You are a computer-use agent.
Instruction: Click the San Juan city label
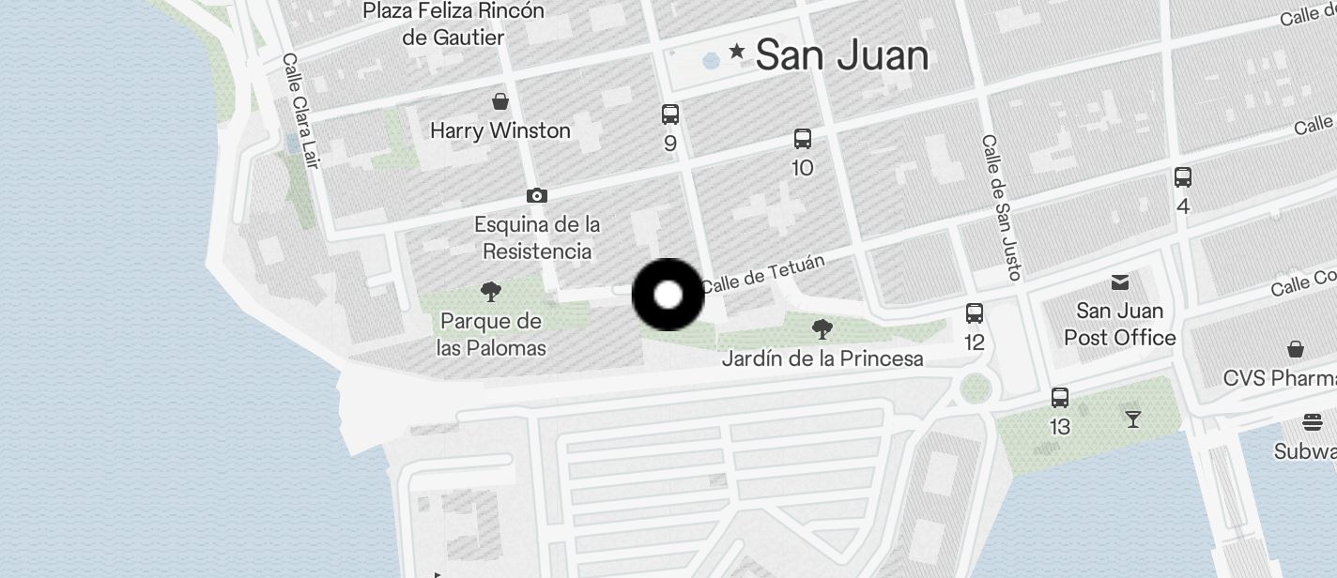coord(841,55)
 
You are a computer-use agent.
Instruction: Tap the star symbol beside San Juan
coord(737,51)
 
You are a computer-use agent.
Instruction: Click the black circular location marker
coord(668,295)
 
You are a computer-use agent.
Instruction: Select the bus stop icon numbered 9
coord(669,114)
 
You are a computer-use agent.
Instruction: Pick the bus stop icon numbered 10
coord(803,139)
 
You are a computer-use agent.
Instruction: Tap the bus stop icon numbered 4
coord(1183,176)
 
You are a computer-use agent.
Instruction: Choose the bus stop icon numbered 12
coord(975,313)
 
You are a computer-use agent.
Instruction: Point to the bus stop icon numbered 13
coord(1060,397)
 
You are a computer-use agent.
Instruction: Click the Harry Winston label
coord(499,130)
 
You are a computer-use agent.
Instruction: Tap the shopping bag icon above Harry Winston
coord(500,100)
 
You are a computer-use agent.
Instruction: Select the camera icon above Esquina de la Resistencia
coord(536,195)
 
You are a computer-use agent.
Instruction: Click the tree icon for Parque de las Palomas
coord(490,291)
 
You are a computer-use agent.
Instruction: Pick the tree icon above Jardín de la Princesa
coord(822,328)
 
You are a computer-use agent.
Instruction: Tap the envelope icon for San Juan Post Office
coord(1119,281)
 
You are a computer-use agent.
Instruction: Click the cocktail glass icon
coord(1133,418)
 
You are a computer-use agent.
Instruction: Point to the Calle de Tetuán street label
coord(761,272)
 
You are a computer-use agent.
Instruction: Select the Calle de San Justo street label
coord(1001,206)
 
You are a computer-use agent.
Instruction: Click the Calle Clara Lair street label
coord(300,110)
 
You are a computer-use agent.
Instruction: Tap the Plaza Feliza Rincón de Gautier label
coord(453,24)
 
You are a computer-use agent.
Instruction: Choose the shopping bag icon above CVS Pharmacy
coord(1296,349)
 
